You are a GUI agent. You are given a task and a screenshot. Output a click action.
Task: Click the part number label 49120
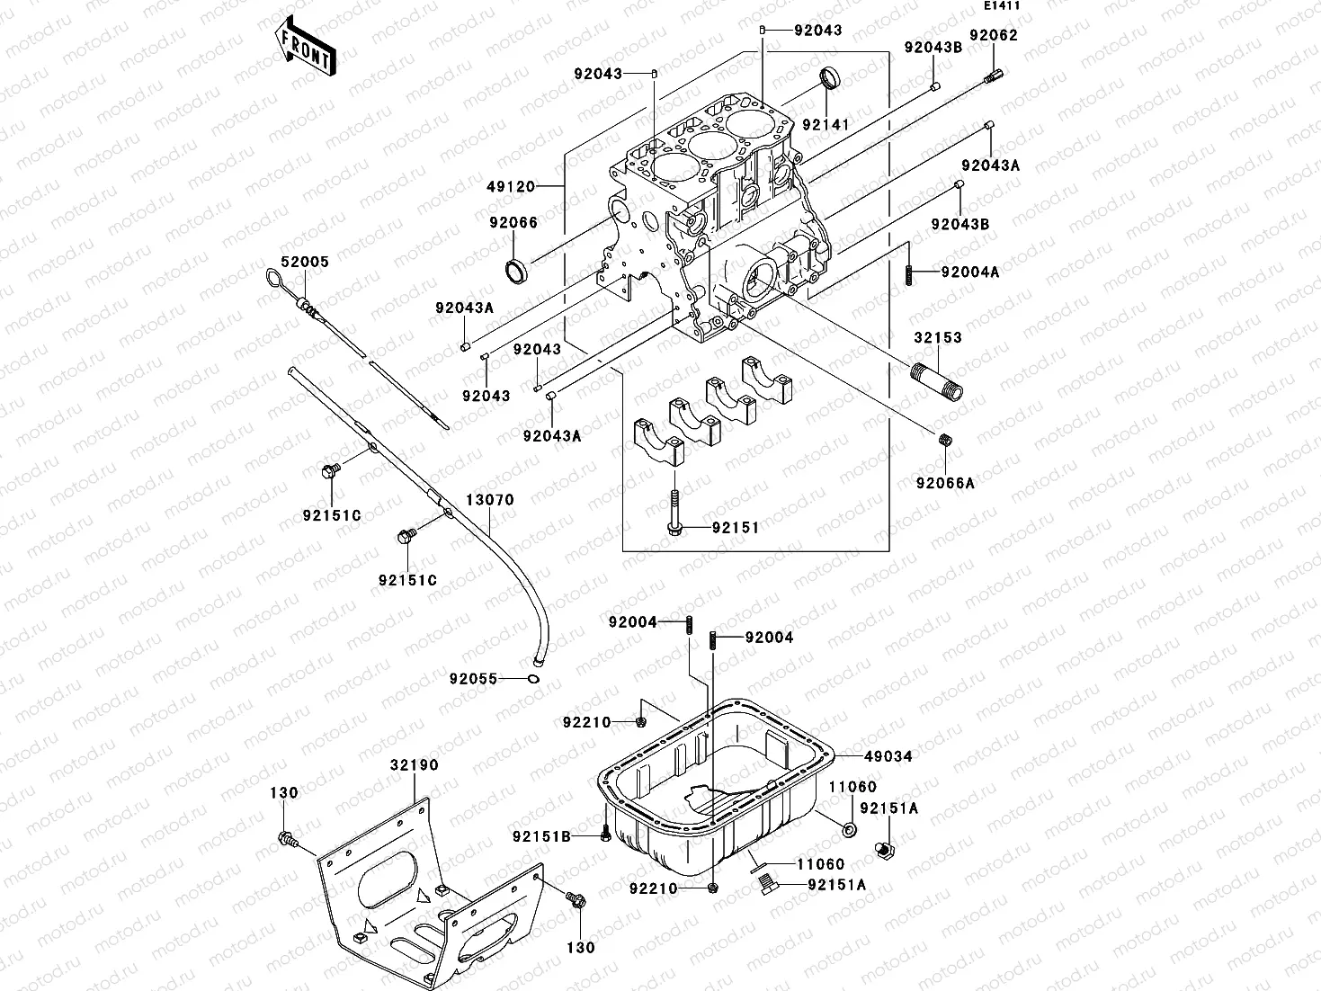point(510,187)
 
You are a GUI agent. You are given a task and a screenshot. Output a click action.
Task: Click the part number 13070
point(489,500)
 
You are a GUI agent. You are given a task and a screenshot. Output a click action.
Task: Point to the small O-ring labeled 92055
point(534,679)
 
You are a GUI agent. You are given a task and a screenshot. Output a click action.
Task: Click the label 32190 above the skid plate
point(414,765)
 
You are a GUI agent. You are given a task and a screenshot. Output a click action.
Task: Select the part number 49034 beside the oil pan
point(888,756)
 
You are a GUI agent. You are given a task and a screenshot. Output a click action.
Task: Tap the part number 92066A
point(945,483)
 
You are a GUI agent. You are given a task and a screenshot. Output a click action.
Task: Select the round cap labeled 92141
point(830,77)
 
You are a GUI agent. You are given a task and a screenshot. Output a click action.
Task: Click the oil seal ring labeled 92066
point(516,268)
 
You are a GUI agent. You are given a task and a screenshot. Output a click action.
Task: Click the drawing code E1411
point(1001,6)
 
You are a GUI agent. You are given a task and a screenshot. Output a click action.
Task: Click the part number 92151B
point(542,836)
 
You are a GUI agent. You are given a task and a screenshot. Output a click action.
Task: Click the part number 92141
point(826,124)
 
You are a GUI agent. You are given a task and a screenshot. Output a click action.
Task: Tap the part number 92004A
point(970,272)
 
